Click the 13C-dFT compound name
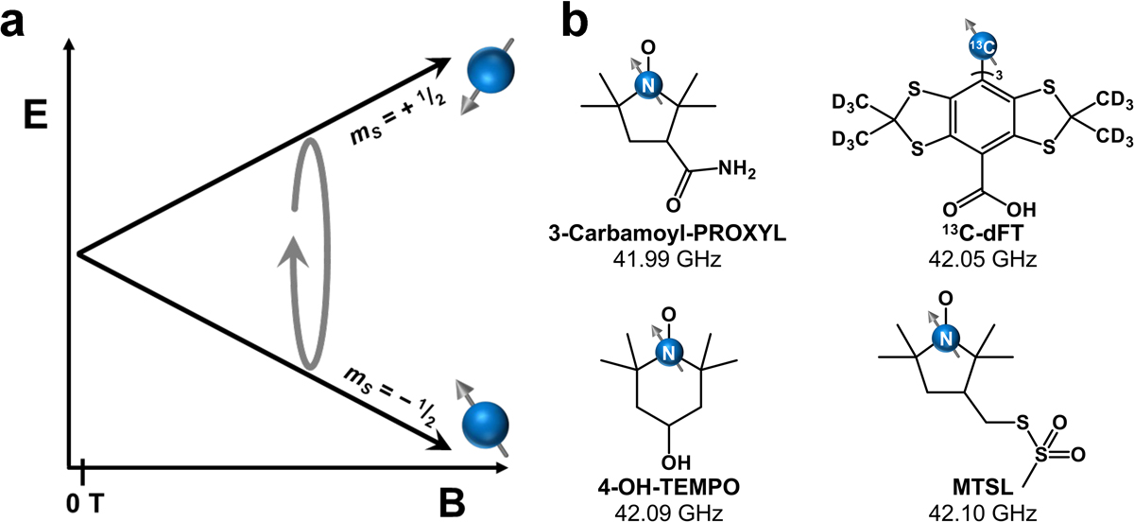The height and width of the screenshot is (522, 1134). [x=970, y=233]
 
